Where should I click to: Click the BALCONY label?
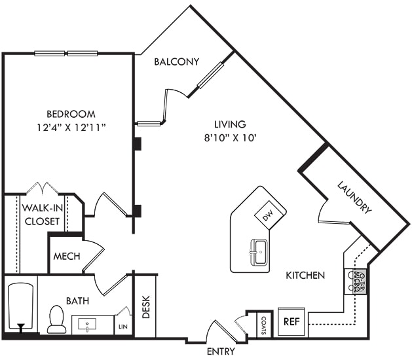(x=176, y=62)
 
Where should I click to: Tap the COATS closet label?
(x=263, y=324)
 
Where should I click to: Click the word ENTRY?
(x=220, y=351)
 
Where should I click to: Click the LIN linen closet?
(x=122, y=325)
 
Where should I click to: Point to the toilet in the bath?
(x=57, y=320)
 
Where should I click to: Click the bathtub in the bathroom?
(x=20, y=308)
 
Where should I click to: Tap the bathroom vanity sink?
(x=87, y=325)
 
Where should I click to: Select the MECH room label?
(x=67, y=256)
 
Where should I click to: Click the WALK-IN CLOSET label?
(x=42, y=214)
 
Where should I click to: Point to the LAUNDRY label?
(x=355, y=198)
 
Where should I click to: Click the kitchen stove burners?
(x=360, y=281)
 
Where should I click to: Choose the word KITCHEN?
(x=305, y=276)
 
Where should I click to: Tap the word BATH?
(x=77, y=301)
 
